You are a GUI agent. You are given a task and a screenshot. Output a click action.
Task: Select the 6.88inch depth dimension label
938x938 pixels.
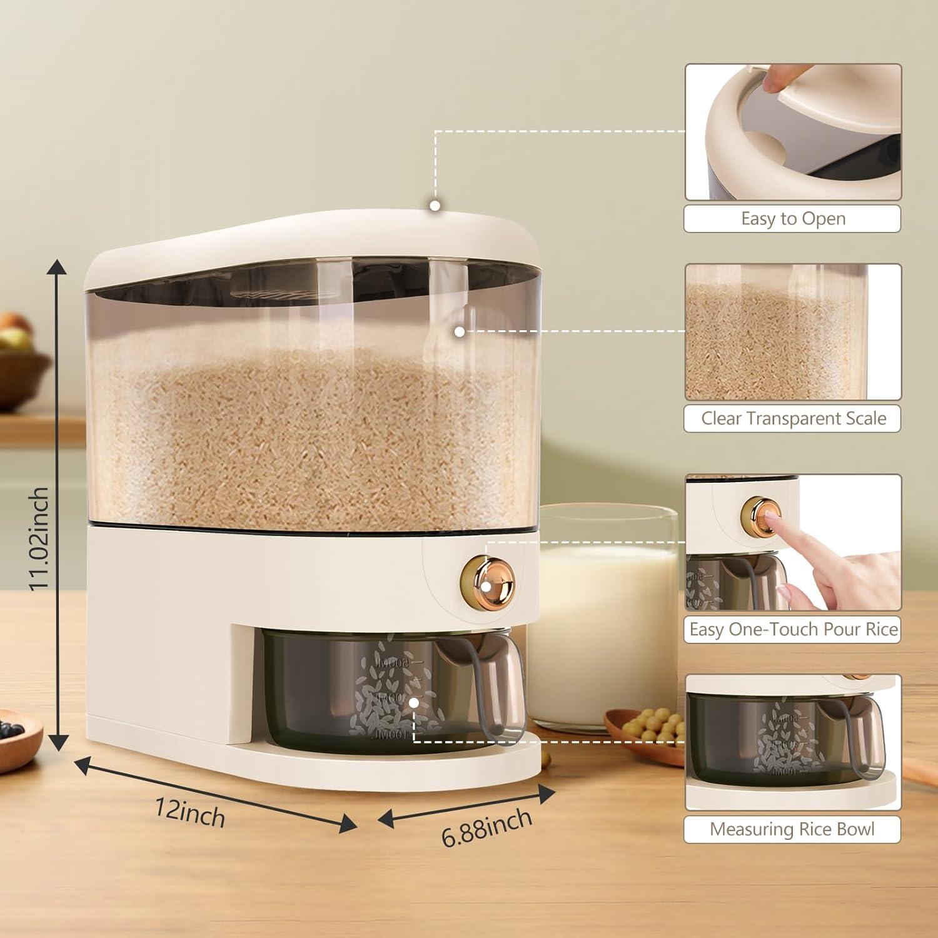pos(487,827)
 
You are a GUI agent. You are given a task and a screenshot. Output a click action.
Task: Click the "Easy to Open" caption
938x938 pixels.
pos(792,219)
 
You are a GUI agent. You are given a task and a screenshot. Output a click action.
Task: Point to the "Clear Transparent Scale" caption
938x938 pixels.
pos(793,418)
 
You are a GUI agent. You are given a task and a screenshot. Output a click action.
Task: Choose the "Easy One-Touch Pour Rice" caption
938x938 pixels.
pos(793,629)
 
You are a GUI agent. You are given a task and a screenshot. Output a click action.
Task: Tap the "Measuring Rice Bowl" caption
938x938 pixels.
pos(792,829)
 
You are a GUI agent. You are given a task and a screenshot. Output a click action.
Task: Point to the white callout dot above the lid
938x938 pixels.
pos(435,205)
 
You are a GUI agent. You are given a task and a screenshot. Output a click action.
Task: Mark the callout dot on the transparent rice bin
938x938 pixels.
pos(460,332)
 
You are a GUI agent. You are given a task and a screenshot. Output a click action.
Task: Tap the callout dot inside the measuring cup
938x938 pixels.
pos(413,703)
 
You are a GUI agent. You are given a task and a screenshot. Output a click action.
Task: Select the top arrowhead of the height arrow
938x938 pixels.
pos(58,267)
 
